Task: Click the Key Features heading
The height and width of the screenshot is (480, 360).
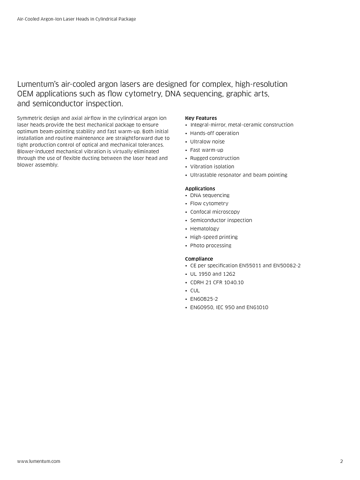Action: (201, 118)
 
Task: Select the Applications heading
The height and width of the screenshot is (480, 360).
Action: (200, 188)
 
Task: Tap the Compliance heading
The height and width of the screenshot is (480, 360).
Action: (199, 259)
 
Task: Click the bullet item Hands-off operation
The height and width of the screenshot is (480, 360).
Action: (214, 133)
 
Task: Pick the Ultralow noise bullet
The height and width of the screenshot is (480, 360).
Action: (207, 142)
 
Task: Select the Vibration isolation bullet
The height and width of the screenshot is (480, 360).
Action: (212, 167)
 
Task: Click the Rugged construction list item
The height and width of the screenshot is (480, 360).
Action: (215, 158)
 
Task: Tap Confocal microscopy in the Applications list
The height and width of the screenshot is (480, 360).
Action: (215, 212)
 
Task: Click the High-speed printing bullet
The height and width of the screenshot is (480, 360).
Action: (213, 237)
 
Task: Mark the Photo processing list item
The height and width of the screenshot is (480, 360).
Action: (211, 245)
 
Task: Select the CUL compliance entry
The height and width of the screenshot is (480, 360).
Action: (195, 290)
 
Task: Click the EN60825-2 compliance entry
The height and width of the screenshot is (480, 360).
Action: (204, 299)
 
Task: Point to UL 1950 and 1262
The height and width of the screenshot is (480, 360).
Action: (212, 274)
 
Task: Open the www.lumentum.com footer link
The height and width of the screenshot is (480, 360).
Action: (39, 461)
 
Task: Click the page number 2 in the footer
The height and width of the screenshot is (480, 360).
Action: (341, 461)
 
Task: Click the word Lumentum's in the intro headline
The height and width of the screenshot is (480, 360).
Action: (38, 84)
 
